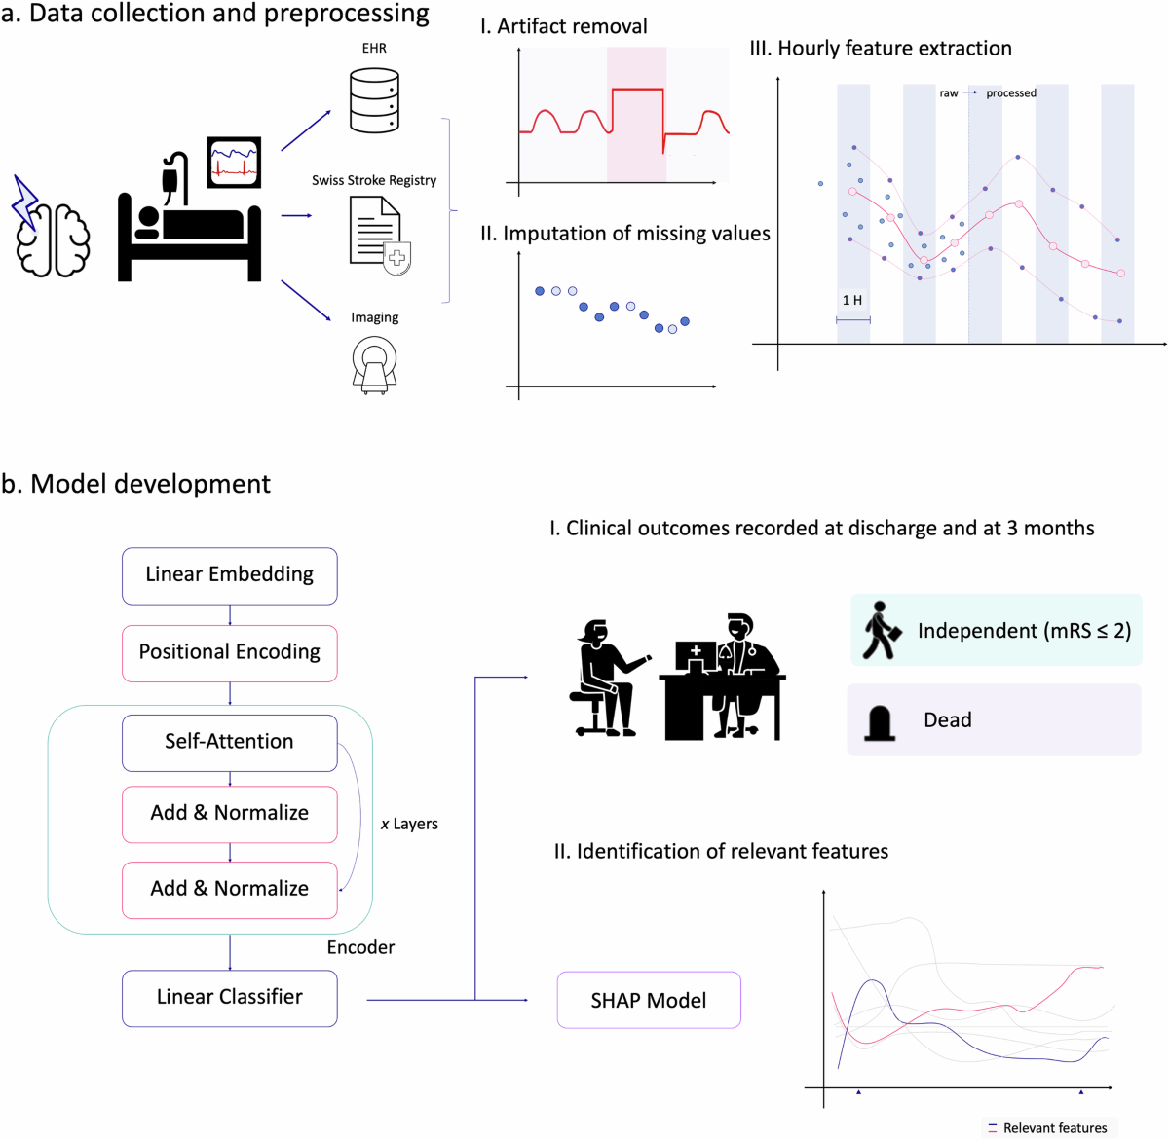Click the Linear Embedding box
tap(229, 575)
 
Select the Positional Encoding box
tap(229, 652)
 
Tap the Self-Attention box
tap(229, 742)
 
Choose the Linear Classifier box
tap(229, 998)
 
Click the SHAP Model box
tap(649, 1001)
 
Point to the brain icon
tap(53, 239)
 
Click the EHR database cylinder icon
tap(374, 100)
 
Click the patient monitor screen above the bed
tap(234, 163)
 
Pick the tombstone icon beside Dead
tap(880, 722)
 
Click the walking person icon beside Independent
tap(879, 631)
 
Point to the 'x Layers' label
tap(409, 825)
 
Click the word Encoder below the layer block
tap(360, 948)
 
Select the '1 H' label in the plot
tap(852, 301)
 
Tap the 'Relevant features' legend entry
tap(1054, 1128)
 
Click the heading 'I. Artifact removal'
tap(563, 27)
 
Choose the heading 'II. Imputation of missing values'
tap(624, 234)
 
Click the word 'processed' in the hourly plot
tap(1011, 93)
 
